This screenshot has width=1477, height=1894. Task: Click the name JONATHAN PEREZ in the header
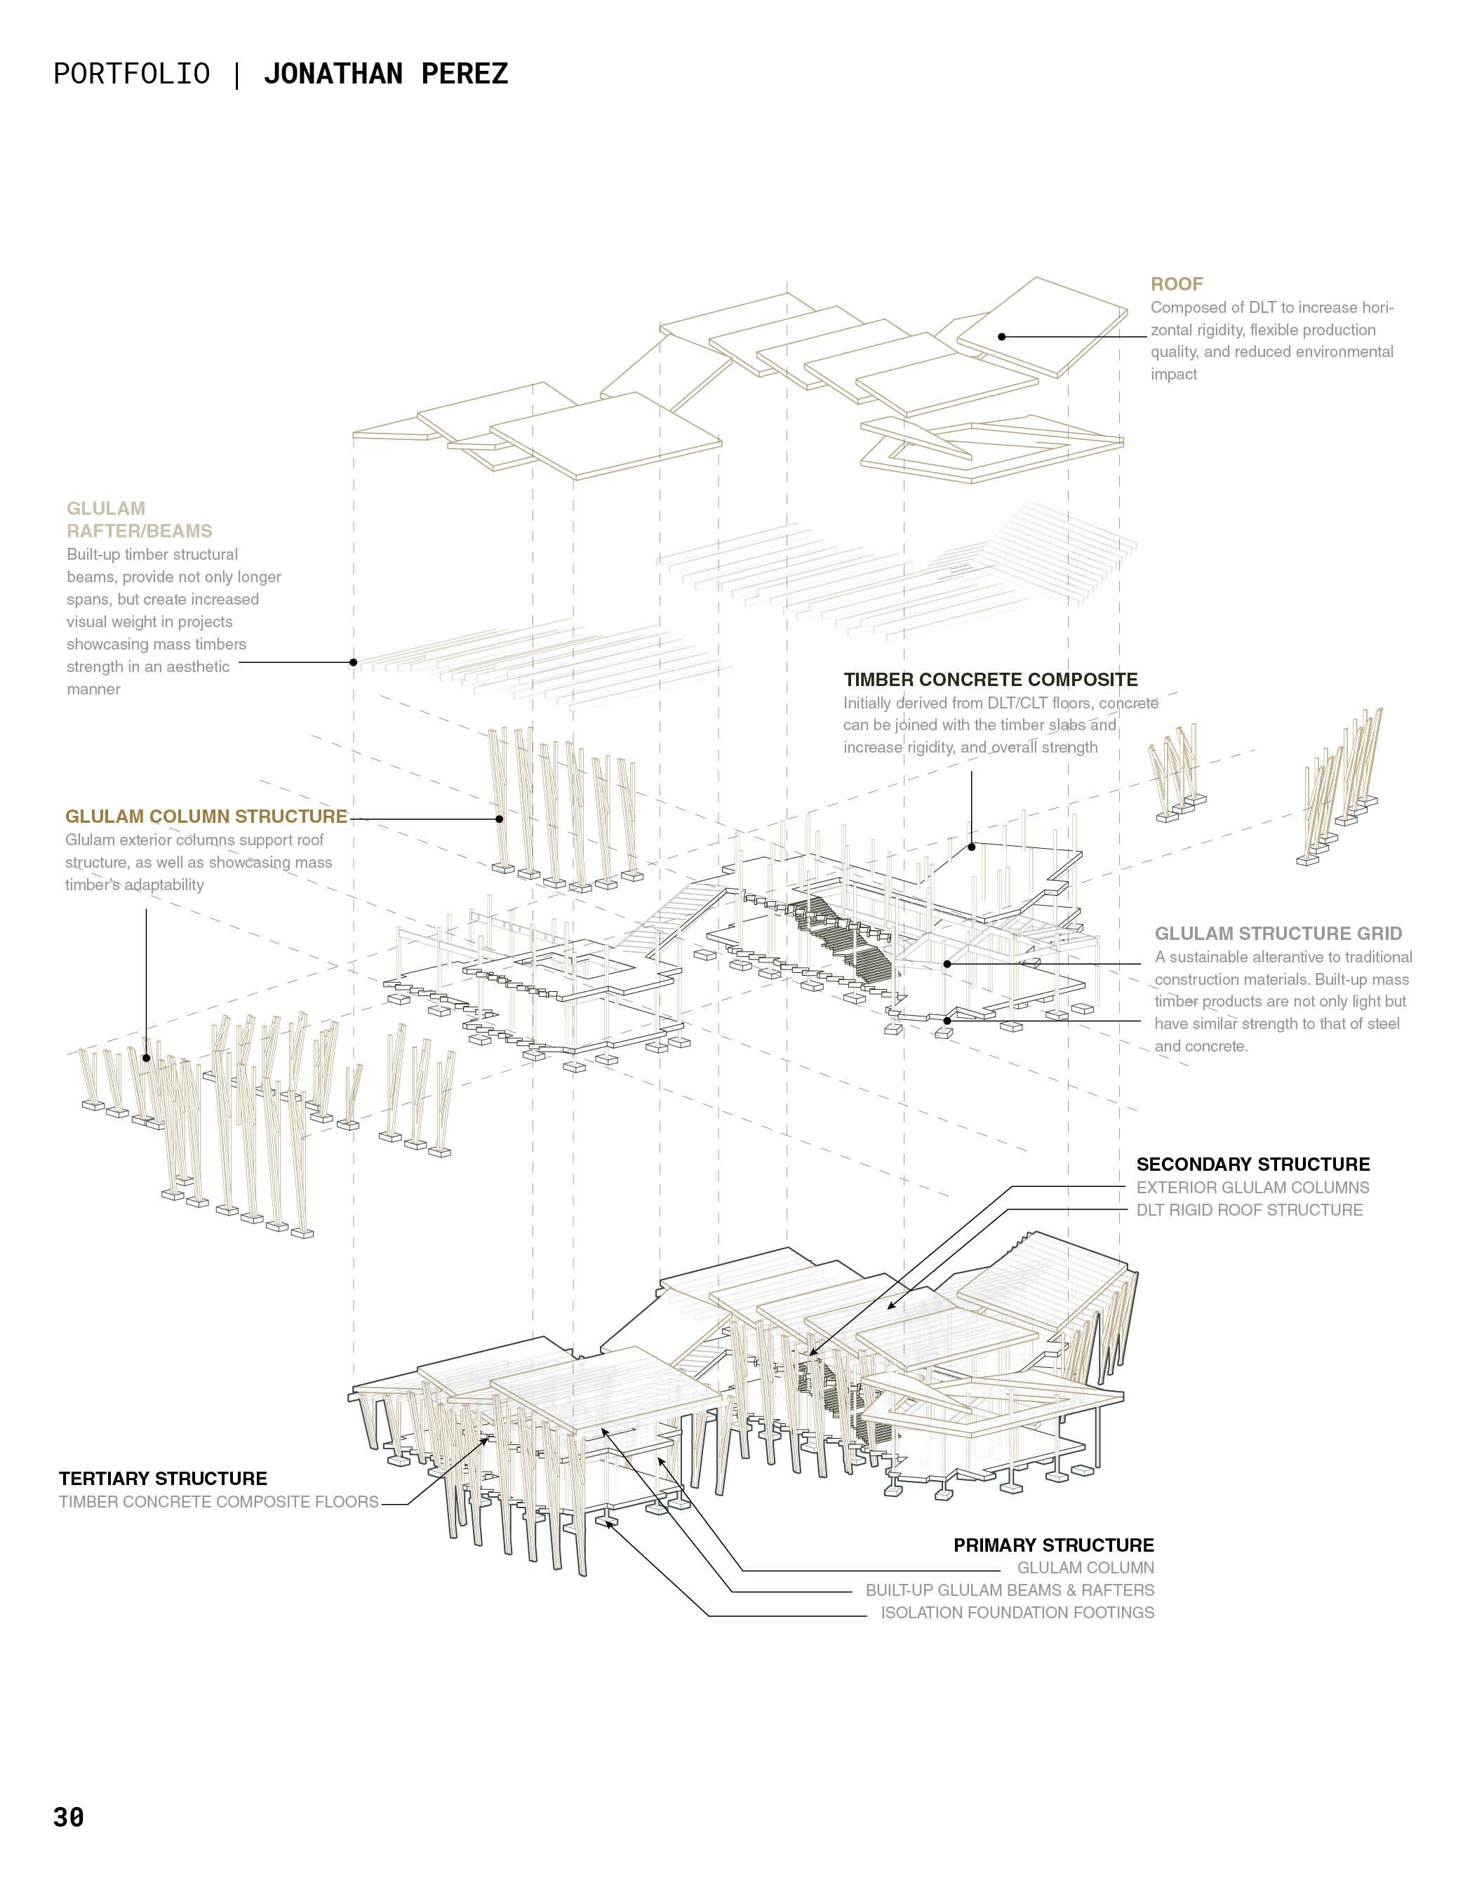[385, 74]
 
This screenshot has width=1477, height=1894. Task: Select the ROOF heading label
[1176, 284]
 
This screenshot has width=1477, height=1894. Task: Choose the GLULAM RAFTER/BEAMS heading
[139, 520]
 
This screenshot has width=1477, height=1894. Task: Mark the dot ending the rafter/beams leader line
[353, 663]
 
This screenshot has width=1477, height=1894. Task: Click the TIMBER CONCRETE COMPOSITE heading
[991, 680]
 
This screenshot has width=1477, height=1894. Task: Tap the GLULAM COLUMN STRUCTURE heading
[206, 817]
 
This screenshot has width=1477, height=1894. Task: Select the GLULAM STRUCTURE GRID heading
[1278, 934]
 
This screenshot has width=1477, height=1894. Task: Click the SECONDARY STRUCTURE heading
[1252, 1164]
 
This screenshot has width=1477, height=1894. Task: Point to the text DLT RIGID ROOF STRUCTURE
[1249, 1211]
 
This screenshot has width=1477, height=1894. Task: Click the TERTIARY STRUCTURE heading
[163, 1479]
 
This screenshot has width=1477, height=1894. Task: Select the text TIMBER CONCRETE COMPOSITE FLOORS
[218, 1502]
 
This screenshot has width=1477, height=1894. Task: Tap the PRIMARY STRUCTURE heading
[1053, 1545]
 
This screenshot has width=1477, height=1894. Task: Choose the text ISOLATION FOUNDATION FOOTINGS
[1017, 1613]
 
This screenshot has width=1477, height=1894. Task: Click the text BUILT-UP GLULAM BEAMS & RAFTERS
[1010, 1590]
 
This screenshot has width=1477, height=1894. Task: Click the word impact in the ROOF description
[1173, 375]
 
